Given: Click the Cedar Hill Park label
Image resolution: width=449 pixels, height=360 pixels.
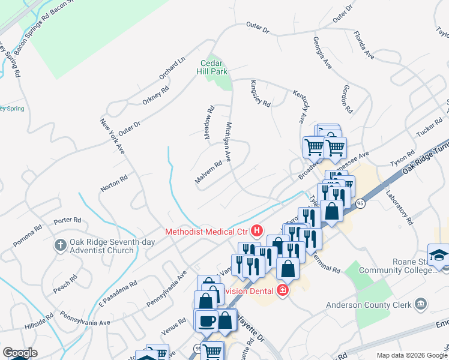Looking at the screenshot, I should (214, 67).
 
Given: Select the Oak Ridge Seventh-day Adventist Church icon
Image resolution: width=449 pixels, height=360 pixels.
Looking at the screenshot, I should (60, 245).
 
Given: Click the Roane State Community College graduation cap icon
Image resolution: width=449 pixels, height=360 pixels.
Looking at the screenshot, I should (438, 254).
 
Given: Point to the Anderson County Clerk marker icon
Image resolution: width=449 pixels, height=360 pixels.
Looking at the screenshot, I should (421, 304).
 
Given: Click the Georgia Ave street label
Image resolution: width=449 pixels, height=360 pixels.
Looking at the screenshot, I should (322, 53).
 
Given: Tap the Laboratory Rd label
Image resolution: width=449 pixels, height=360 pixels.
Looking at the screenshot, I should (400, 208).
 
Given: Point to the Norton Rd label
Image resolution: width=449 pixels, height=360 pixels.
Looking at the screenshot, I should (114, 182).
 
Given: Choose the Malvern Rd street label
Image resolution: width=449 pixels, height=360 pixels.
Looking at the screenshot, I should (208, 172).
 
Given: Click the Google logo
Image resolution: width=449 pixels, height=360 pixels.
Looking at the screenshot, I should (19, 353).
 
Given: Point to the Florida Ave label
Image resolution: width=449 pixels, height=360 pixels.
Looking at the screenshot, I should (364, 46).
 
